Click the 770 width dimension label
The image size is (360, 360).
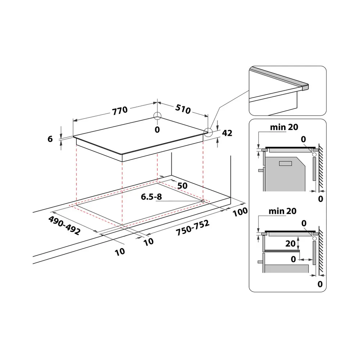point(120,111)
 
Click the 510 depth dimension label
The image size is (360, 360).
point(183,109)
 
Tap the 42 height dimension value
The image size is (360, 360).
point(227,133)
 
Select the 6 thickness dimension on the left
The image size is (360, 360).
point(50,139)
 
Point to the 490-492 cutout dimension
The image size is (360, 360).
point(64,225)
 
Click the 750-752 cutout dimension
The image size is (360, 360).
point(193,228)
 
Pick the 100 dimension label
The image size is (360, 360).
point(240,212)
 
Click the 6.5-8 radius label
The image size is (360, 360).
point(151,197)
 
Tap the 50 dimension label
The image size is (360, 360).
point(183,186)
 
